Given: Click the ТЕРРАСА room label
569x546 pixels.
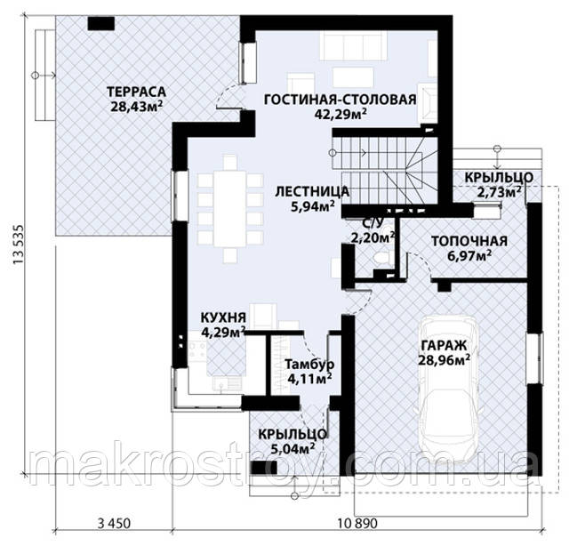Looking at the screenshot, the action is pos(136,92).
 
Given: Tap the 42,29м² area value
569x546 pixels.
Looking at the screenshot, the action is pos(340,114).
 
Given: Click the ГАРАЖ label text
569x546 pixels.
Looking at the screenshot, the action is pos(444,345).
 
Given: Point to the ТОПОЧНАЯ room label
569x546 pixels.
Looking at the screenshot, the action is pos(469,241).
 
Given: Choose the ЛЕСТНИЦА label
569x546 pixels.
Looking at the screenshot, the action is pos(312,191).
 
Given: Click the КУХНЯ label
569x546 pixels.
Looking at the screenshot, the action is pos(223,317).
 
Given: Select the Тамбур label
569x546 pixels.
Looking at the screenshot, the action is pos(309,364).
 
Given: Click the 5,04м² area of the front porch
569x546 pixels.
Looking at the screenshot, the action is pos(293,449).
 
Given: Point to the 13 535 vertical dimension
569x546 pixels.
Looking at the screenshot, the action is pos(18,245).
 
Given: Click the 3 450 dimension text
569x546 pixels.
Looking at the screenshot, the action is pos(114,524).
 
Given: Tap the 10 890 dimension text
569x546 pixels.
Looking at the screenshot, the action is pos(357,524).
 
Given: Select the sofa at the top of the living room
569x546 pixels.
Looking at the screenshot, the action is pos(354,45).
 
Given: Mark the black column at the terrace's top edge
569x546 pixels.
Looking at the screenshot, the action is pos(101,24).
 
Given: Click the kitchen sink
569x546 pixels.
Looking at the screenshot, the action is pos(228,382).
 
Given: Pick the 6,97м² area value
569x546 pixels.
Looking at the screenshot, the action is pos(469,256).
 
